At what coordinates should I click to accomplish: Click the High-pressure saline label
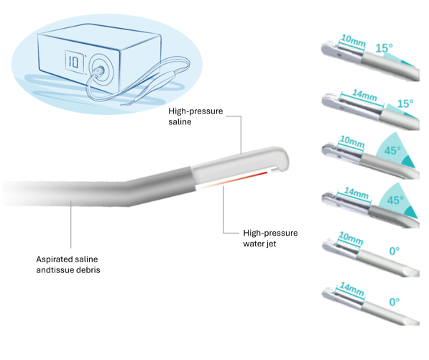coord(195,116)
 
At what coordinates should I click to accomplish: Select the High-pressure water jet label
coord(270,239)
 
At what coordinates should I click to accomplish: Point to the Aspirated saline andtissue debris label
coord(68,264)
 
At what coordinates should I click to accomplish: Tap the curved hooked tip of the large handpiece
coord(282,160)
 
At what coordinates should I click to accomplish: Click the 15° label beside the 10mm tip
coord(384,48)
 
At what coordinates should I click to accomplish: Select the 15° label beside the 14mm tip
coord(405,103)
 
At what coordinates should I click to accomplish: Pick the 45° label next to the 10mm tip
coord(392,150)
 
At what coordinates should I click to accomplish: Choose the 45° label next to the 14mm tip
coord(395,200)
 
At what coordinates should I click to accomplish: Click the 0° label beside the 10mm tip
coord(395,251)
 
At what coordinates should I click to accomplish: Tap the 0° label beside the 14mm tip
coord(395,302)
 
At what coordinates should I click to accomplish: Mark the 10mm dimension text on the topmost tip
coord(354,40)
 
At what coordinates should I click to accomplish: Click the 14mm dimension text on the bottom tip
coord(352,290)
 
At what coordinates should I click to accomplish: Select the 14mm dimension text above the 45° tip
coord(356,193)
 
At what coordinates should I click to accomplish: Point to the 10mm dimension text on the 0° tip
coord(351,239)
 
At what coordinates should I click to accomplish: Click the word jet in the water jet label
coord(271,244)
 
